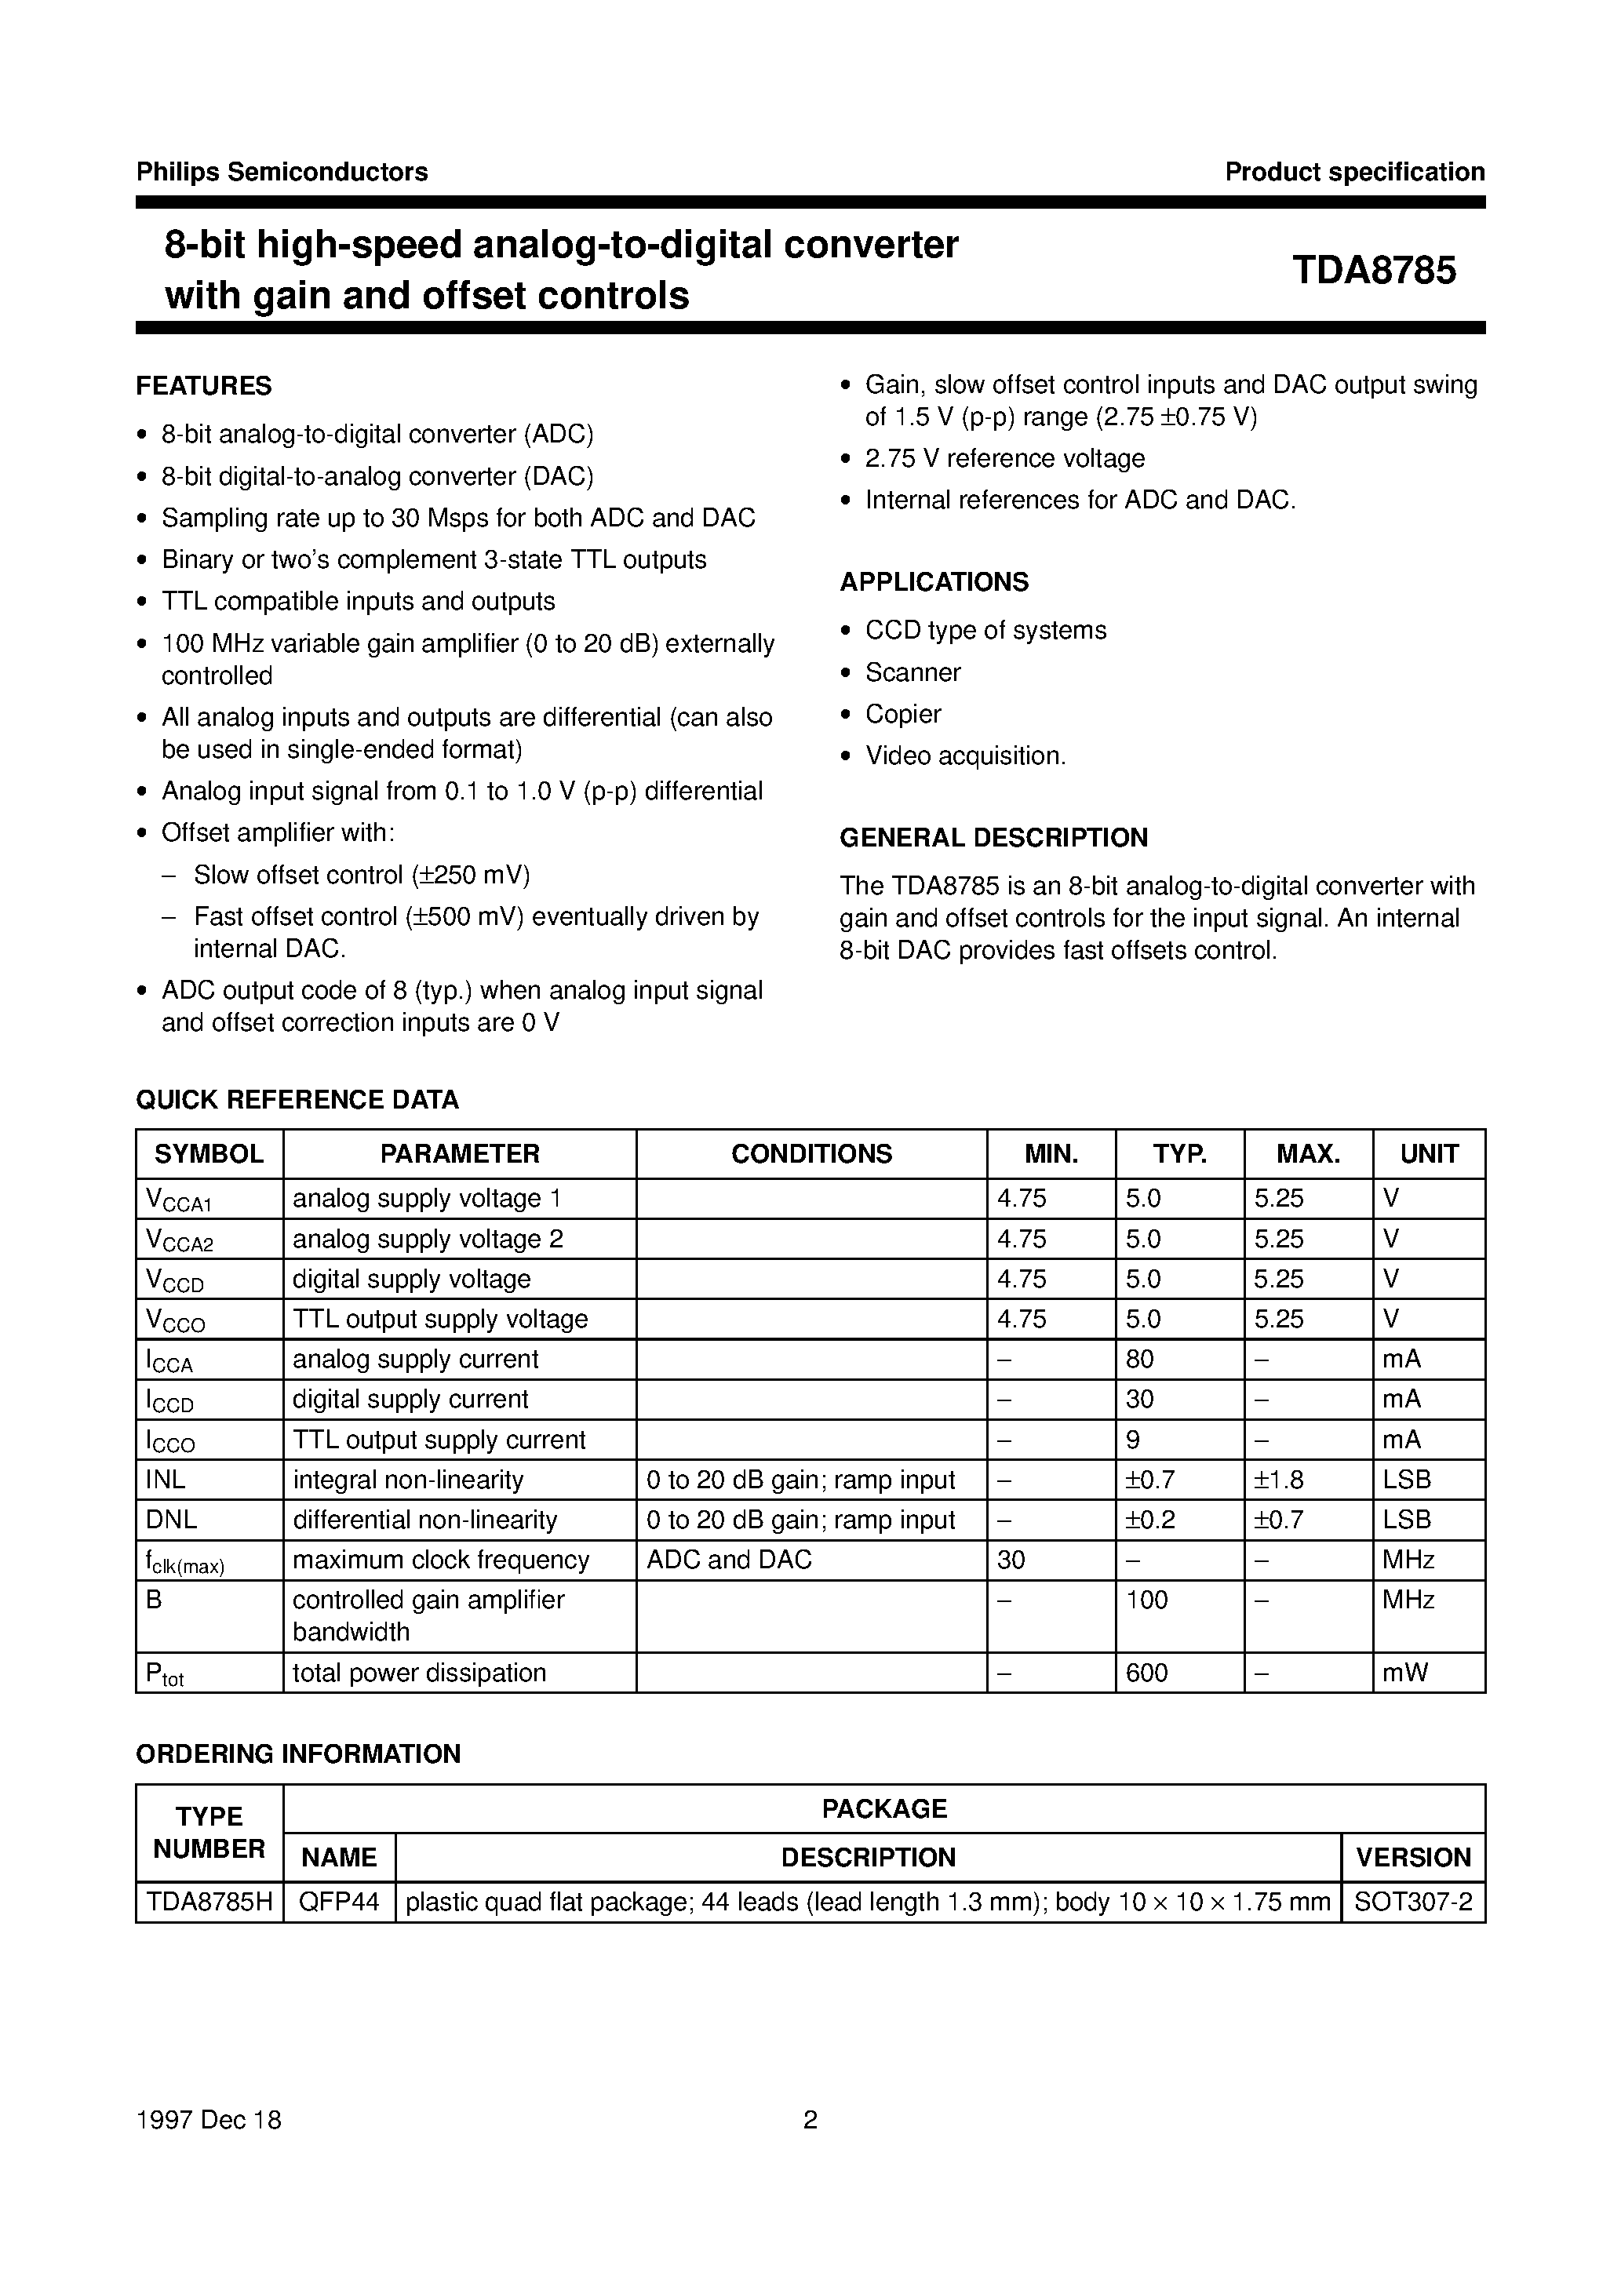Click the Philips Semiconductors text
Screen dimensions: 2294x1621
pos(282,172)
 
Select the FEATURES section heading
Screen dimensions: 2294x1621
pos(204,386)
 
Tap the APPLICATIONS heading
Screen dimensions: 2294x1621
pos(934,581)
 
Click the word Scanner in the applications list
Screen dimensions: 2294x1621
pos(912,672)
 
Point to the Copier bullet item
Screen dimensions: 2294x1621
pos(902,715)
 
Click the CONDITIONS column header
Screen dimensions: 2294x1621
pos(810,1154)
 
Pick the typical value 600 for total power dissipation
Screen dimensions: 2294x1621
pos(1146,1673)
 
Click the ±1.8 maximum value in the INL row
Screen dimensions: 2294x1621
pos(1278,1480)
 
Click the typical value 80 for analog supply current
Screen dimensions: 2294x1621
pos(1139,1359)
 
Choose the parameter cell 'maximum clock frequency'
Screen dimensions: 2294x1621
pos(441,1560)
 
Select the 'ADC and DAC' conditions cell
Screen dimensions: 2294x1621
pos(729,1560)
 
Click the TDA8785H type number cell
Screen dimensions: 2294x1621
pos(209,1903)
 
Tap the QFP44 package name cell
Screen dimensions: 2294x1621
pos(339,1903)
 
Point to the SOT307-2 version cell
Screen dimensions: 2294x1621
pos(1412,1903)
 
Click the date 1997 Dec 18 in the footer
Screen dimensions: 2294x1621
pos(209,2120)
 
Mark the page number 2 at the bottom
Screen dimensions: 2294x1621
pos(810,2120)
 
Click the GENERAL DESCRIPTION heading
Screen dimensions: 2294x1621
pos(993,837)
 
